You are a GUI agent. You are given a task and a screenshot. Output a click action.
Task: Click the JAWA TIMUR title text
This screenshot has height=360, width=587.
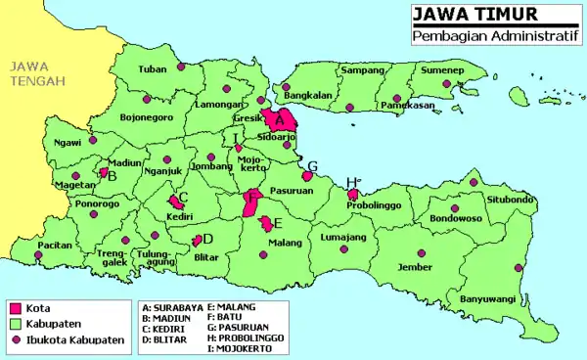coord(460,15)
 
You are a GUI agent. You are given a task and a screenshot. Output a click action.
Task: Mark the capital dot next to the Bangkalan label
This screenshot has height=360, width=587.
coord(286,87)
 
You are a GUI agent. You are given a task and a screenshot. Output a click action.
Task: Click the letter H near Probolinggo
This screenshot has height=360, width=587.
coord(350,183)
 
